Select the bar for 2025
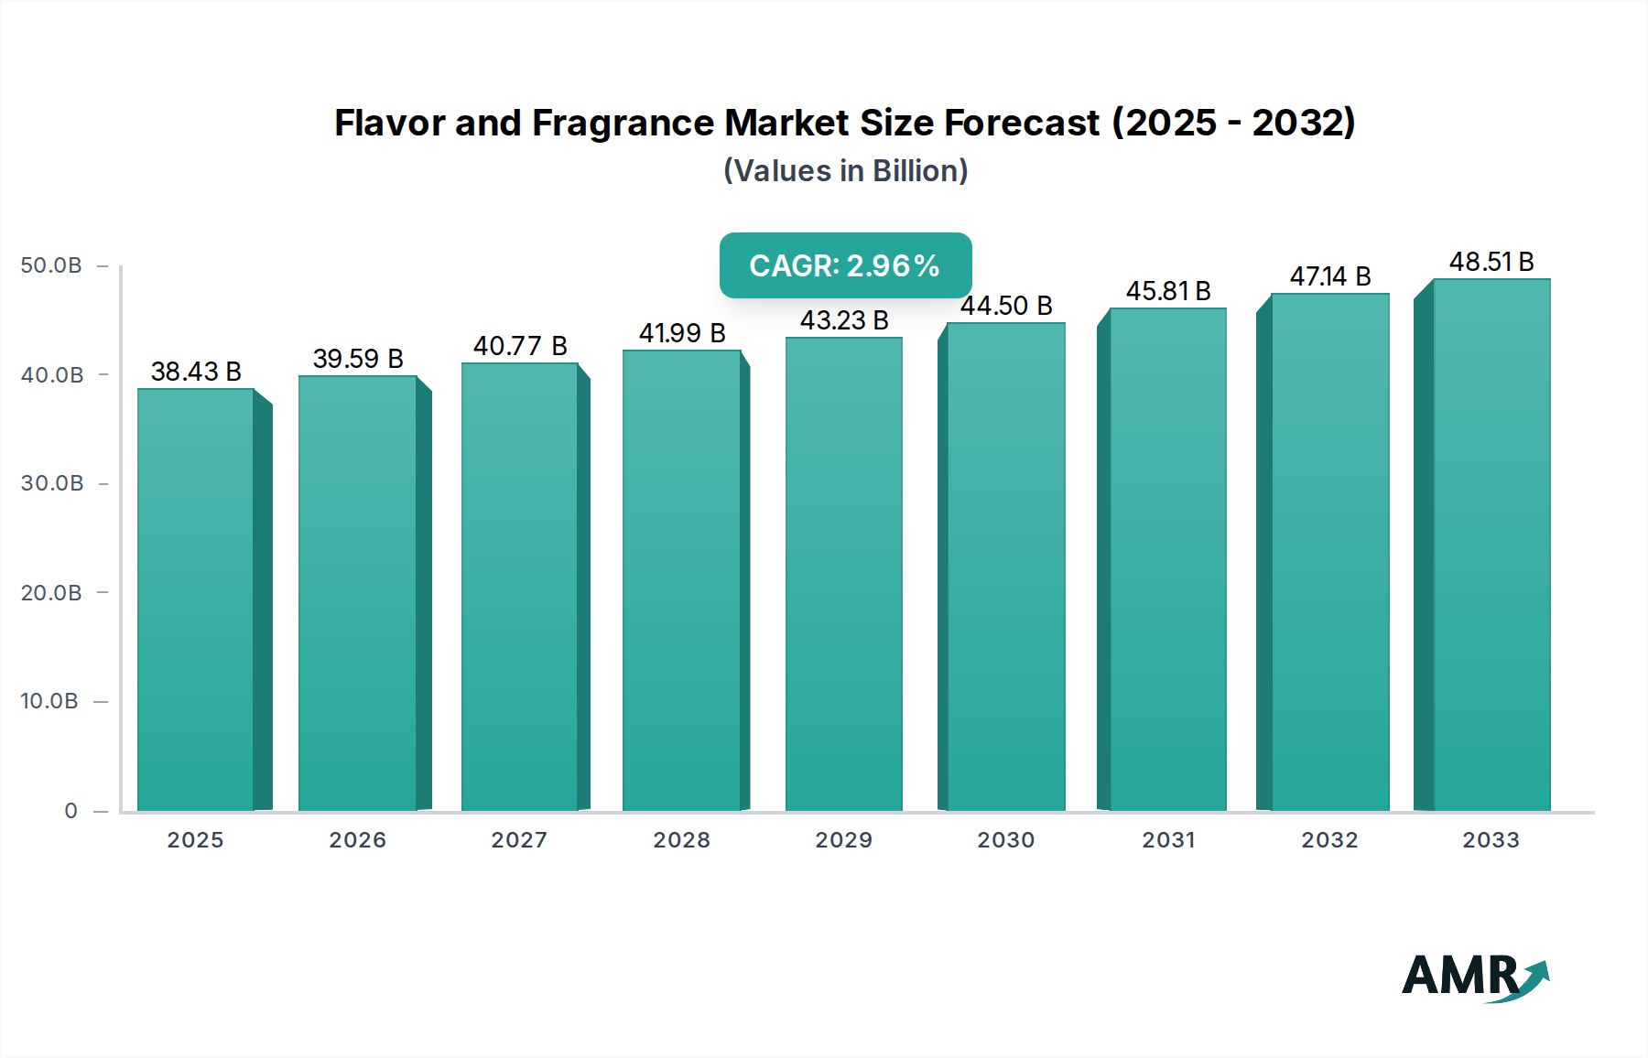click(x=196, y=599)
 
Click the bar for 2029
click(x=843, y=574)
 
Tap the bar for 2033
click(x=1491, y=545)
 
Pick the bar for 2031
click(x=1167, y=559)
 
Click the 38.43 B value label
click(x=196, y=372)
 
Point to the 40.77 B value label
click(x=520, y=346)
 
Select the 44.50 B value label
click(x=1006, y=306)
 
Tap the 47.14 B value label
click(x=1330, y=276)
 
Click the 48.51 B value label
click(x=1491, y=262)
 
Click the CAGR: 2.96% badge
click(x=845, y=265)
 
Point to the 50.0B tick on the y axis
click(x=51, y=265)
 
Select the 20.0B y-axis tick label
click(x=51, y=593)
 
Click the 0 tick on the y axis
click(x=70, y=811)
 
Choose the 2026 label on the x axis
click(x=358, y=840)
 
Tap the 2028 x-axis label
click(x=681, y=840)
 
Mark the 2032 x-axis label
click(x=1329, y=840)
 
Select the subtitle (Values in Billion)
click(x=845, y=171)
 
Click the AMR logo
click(x=1474, y=977)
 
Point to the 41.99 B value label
click(x=682, y=333)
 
